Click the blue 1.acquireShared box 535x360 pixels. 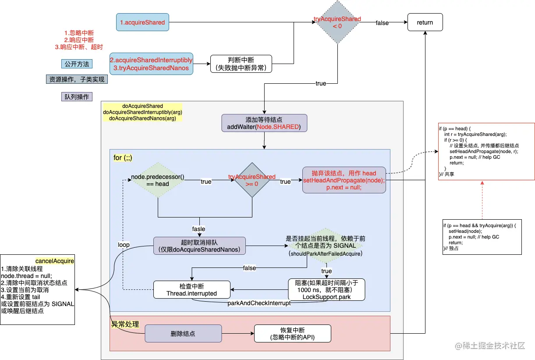(x=143, y=22)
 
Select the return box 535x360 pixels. (x=425, y=22)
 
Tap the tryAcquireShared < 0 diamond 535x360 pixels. (x=337, y=22)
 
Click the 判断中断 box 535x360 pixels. (x=241, y=64)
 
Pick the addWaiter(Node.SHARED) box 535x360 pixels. (x=264, y=123)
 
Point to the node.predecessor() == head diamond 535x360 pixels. (x=157, y=181)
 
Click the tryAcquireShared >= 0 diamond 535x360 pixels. (x=252, y=181)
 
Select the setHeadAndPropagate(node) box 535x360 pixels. (x=344, y=180)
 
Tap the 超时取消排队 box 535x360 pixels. (x=199, y=246)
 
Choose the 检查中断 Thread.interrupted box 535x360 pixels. (x=191, y=289)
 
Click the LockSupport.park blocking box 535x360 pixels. (x=326, y=289)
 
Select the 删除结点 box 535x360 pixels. (x=183, y=334)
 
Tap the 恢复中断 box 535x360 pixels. (x=292, y=334)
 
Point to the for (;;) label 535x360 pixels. (x=123, y=157)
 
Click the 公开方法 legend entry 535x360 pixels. (x=77, y=64)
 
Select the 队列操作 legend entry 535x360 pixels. (x=77, y=97)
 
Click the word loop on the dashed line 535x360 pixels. (x=124, y=245)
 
